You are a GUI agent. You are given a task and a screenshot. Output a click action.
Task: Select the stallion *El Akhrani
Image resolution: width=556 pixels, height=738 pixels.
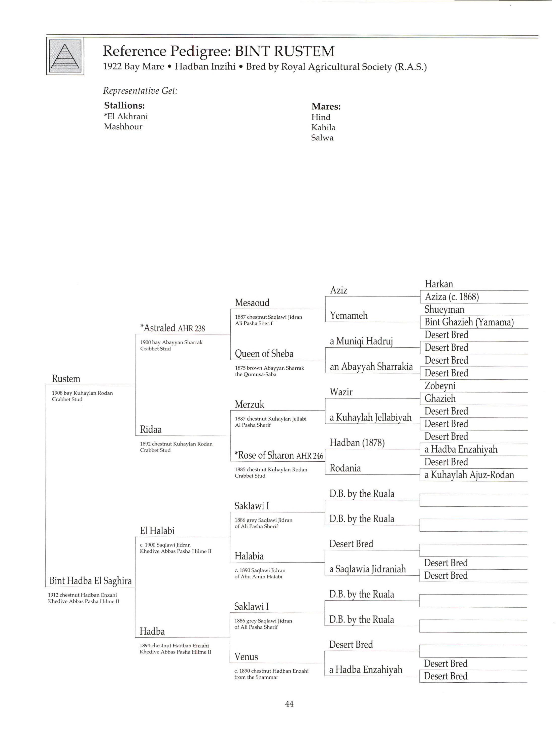pos(126,117)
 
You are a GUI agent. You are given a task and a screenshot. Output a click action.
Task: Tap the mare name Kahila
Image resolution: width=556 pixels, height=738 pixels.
pos(323,127)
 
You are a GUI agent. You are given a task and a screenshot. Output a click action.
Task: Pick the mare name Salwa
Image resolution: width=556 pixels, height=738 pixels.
pos(322,138)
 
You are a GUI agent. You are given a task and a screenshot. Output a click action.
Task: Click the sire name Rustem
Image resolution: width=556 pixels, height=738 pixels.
pos(66,379)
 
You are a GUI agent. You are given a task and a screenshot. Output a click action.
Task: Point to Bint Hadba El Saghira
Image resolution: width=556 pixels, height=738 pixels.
pos(90,581)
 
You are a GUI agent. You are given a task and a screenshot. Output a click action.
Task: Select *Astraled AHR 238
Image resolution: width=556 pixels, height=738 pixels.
pos(172,328)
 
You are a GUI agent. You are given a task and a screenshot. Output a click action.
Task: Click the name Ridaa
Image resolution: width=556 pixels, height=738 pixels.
pos(151,430)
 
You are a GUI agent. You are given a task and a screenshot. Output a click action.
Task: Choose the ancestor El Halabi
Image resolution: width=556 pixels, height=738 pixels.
pos(157,531)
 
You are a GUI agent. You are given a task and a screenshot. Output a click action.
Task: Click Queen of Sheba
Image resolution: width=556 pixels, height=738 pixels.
pos(264,354)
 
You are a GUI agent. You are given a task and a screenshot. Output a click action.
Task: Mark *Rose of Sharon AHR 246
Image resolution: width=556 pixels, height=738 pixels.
pos(279,455)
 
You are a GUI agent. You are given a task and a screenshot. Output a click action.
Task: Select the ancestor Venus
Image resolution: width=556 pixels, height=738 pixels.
pos(246,657)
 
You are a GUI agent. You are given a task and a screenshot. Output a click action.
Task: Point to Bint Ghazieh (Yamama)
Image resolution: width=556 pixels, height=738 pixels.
pos(469,322)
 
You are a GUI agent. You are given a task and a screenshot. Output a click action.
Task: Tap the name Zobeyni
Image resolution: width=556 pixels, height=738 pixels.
pos(440,386)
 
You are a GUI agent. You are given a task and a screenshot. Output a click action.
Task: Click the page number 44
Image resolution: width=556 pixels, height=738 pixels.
pos(289,704)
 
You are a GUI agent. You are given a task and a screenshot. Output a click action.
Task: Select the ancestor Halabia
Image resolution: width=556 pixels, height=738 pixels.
pos(249,556)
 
